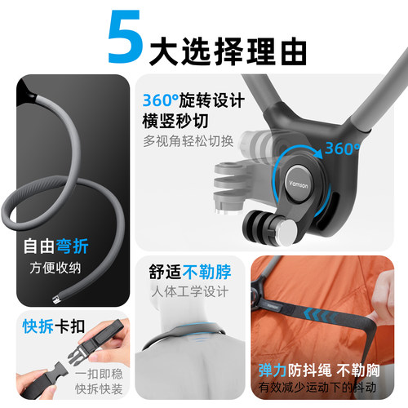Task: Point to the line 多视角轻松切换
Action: point(188,141)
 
